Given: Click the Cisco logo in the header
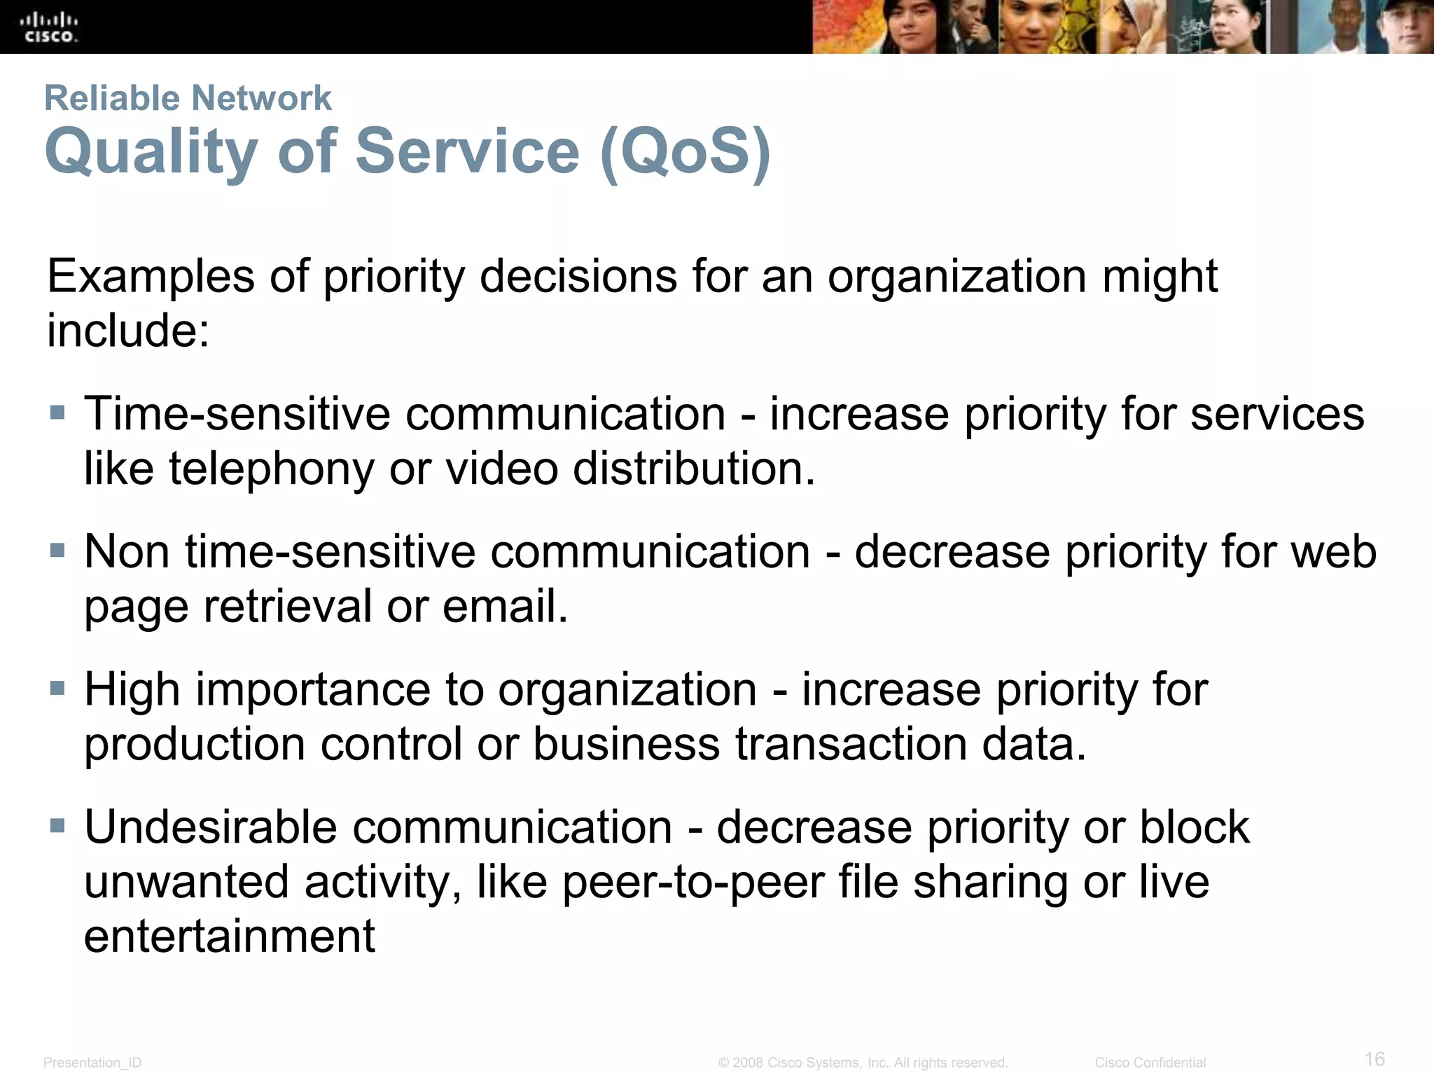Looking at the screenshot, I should (x=49, y=27).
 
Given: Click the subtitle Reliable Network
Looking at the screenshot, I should (x=188, y=98).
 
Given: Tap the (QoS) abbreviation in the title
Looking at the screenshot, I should (x=685, y=151).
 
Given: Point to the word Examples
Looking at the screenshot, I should (x=151, y=277).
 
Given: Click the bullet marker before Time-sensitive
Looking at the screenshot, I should (x=58, y=412).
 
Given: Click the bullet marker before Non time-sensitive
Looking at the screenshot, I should (x=58, y=550).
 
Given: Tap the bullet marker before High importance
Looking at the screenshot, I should (x=58, y=688).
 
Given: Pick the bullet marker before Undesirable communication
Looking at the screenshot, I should (x=58, y=826).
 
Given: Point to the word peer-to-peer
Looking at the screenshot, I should (x=693, y=882).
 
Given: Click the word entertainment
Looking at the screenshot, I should (x=230, y=936).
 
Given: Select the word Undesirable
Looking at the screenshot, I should (x=211, y=827).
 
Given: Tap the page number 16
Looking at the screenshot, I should (x=1374, y=1058).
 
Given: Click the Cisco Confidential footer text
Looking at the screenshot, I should (x=1150, y=1063).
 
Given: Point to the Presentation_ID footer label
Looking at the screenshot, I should (x=92, y=1063).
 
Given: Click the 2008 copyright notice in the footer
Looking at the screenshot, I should (x=863, y=1063).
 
